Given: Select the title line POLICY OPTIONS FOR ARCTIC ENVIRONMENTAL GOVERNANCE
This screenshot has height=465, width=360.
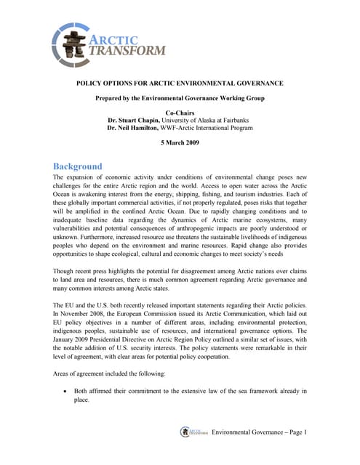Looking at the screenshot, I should pyautogui.click(x=180, y=84).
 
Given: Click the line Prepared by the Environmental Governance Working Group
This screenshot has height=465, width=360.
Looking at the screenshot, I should pyautogui.click(x=180, y=97).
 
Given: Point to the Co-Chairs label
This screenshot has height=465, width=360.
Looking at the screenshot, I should pyautogui.click(x=180, y=112).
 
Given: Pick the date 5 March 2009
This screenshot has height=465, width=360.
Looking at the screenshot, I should pyautogui.click(x=180, y=143).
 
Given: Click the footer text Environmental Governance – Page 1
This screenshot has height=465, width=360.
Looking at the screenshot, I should pyautogui.click(x=259, y=433).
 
